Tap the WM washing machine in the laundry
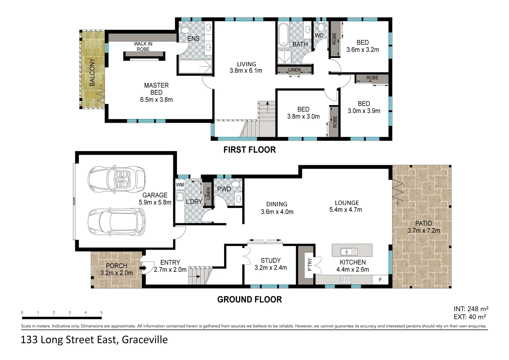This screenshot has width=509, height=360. (x=180, y=185)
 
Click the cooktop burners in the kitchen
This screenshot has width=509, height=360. (x=346, y=280)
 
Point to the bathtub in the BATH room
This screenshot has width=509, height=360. (x=283, y=34)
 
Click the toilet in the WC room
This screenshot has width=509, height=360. (x=321, y=27)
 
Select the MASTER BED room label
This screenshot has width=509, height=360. (x=156, y=89)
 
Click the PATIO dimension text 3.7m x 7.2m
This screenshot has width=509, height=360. (x=423, y=230)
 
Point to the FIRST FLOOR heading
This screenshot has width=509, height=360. (x=249, y=150)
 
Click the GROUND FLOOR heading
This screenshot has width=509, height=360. (x=249, y=299)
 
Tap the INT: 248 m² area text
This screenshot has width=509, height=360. (x=471, y=309)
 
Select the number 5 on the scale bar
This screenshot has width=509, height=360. (x=101, y=313)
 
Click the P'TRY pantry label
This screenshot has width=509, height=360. (x=309, y=265)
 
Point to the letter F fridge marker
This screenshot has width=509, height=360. (x=380, y=280)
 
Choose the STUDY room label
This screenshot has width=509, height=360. (x=270, y=260)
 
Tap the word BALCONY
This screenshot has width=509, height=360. (x=92, y=72)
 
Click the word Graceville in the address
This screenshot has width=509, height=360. (x=145, y=340)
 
